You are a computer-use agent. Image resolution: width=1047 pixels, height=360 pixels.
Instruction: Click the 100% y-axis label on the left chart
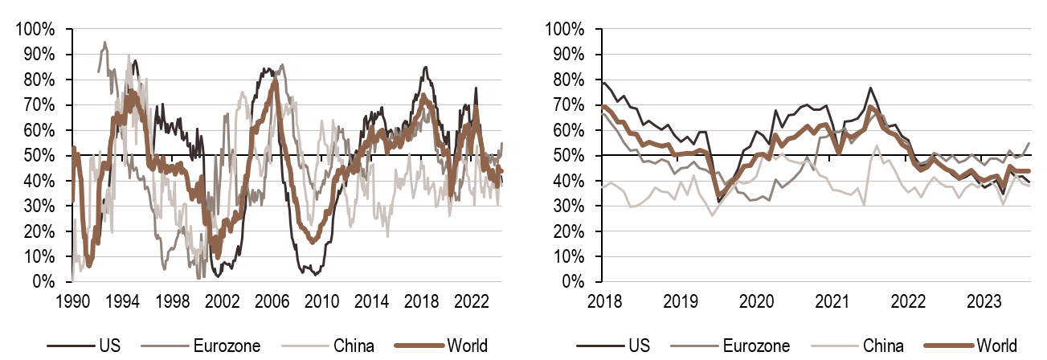click(x=35, y=30)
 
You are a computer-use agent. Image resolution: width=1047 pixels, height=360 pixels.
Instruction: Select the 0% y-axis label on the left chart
click(x=43, y=282)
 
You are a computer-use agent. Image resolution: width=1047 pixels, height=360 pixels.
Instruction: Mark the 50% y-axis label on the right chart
click(x=567, y=156)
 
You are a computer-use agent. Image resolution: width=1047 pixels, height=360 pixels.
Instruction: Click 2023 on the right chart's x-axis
click(x=985, y=301)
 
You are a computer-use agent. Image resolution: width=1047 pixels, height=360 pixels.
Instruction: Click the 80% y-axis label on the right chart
click(x=567, y=80)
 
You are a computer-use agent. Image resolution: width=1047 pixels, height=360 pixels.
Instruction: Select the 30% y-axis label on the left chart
click(x=39, y=207)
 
